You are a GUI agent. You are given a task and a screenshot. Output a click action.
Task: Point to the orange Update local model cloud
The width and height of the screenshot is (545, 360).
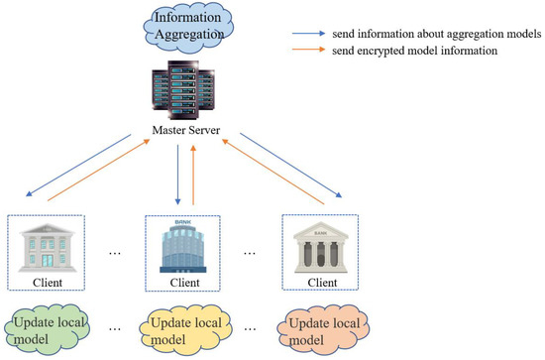(x=319, y=329)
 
